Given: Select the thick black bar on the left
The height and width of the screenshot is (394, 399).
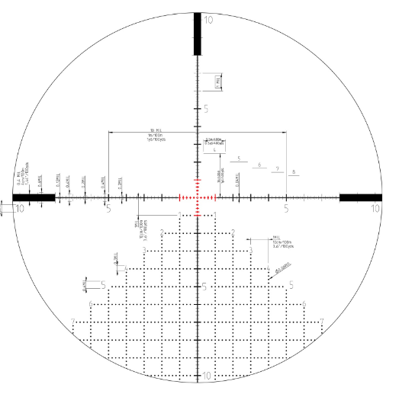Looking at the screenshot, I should click(x=34, y=198).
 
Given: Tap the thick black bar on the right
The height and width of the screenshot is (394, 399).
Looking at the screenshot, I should click(x=360, y=198).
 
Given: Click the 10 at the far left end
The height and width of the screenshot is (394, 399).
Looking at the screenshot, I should click(x=19, y=208).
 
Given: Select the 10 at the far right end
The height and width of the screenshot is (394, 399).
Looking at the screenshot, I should click(x=375, y=208).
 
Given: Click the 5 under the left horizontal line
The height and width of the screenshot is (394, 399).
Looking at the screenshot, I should click(x=109, y=208).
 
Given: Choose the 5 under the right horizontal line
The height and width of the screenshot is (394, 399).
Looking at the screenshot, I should click(x=286, y=208).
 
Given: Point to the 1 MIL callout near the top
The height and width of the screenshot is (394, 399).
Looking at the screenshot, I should click(x=218, y=82).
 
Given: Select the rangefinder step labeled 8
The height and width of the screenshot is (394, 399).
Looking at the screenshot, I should click(x=294, y=171).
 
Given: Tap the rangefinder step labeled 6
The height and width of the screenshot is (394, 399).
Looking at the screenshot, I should click(x=259, y=164).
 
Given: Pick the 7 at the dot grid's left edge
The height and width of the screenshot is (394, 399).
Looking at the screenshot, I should click(x=72, y=321).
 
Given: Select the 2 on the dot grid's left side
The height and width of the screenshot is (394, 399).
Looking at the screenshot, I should click(x=162, y=232).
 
